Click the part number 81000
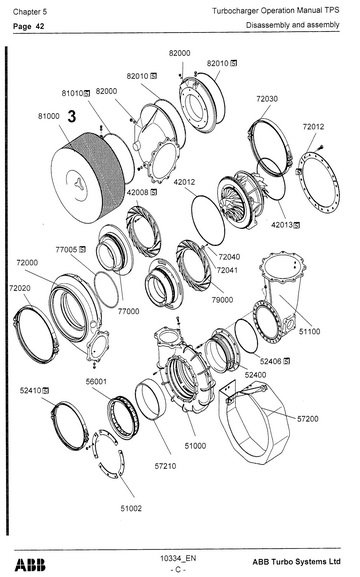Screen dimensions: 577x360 (x=49, y=116)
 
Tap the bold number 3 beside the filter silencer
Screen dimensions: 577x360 (x=72, y=117)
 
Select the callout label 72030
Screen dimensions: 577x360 (x=266, y=100)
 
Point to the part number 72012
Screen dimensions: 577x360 (x=315, y=127)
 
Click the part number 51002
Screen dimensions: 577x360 (x=131, y=508)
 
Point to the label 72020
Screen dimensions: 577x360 (x=20, y=288)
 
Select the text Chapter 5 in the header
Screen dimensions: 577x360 (x=26, y=9)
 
